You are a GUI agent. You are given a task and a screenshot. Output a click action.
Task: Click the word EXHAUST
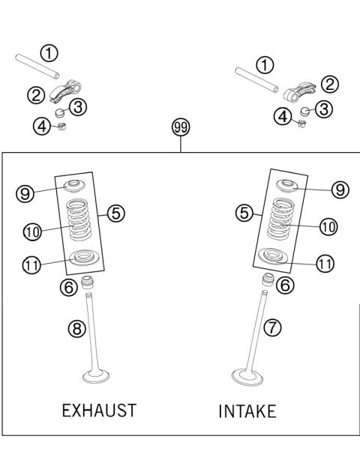pos(99,410)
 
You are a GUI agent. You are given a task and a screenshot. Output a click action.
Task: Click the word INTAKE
pos(247,411)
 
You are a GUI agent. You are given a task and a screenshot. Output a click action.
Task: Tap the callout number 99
pos(181,127)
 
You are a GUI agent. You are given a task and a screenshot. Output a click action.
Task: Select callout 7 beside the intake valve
pos(273,327)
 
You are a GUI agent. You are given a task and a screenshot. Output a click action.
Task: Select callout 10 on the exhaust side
pos(31,232)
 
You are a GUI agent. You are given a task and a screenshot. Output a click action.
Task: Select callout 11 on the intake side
pos(325,264)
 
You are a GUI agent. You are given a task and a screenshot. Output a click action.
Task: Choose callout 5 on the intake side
pos(243,214)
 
